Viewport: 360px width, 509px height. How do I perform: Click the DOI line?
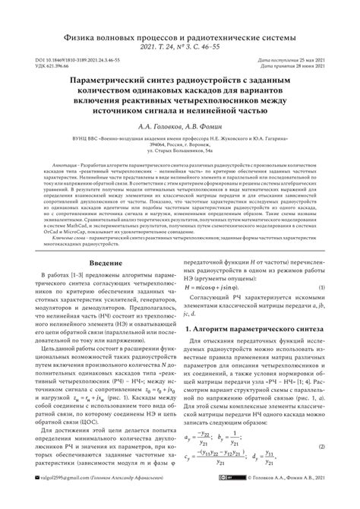point(73,58)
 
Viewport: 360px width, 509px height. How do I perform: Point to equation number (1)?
point(323,308)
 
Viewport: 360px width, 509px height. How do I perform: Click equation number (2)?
point(323,466)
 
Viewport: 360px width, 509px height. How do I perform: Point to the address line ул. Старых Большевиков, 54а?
point(180,173)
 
